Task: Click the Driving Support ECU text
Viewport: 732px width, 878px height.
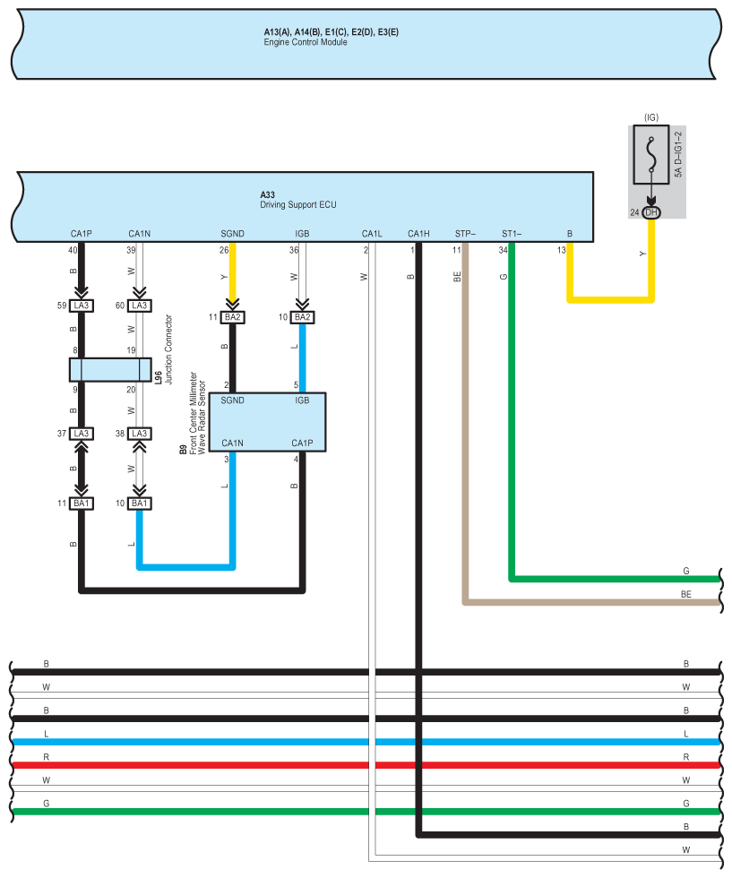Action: (x=298, y=205)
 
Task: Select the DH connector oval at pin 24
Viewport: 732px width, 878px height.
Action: (x=651, y=212)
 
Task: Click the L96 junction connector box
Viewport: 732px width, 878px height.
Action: (x=110, y=370)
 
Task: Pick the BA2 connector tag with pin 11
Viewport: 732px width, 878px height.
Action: (x=232, y=317)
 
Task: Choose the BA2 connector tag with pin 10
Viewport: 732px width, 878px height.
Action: (x=302, y=317)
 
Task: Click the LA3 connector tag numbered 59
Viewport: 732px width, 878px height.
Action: (x=82, y=306)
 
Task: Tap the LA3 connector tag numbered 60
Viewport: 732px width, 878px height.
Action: (x=139, y=306)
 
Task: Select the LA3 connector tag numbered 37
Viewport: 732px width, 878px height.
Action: (x=82, y=434)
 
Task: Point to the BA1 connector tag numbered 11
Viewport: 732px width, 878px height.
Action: (x=82, y=504)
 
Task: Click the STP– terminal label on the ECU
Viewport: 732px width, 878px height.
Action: (x=465, y=235)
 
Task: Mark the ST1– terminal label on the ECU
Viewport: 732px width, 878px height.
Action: (x=512, y=235)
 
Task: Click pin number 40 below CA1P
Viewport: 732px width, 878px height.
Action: (x=73, y=250)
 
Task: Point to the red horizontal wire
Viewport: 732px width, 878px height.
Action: (x=358, y=765)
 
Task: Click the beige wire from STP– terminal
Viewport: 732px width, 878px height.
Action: (x=465, y=448)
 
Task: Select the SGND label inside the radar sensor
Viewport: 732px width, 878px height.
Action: (x=232, y=400)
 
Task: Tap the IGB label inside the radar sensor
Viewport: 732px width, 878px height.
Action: (x=302, y=400)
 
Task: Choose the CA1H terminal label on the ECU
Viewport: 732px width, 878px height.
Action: (x=418, y=235)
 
